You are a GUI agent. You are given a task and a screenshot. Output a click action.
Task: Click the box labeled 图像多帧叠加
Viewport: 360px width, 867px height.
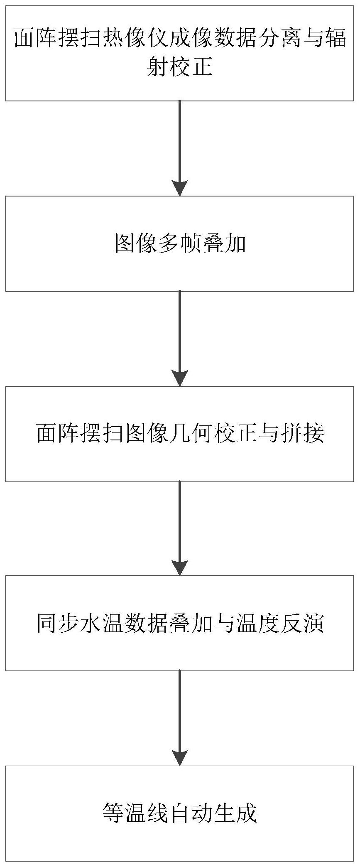pos(180,243)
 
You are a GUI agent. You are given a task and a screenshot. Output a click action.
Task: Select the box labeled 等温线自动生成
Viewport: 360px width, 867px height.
pos(180,813)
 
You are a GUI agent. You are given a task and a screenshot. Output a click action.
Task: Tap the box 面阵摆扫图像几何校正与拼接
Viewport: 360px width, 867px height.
pos(180,434)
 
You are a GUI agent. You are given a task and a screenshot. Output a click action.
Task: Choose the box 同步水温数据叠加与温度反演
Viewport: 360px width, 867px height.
pos(180,623)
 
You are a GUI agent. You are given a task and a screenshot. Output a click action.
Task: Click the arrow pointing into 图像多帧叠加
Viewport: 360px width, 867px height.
pos(180,148)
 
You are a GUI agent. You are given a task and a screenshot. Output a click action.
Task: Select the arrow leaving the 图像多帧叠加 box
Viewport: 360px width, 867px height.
pos(180,339)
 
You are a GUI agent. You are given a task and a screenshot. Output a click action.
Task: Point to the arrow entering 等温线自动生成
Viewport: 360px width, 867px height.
pos(180,718)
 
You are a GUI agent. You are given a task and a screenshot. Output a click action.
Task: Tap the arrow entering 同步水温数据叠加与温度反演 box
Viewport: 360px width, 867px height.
pos(180,528)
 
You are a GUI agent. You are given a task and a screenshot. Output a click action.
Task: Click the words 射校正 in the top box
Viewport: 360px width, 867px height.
pos(180,66)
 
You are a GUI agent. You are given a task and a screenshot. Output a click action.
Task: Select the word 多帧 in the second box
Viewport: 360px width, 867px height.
pos(180,244)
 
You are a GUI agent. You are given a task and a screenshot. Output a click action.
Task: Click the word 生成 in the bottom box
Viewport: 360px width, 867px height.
pos(235,813)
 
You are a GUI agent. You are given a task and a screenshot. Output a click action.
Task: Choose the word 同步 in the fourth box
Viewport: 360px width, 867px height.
pos(58,624)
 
